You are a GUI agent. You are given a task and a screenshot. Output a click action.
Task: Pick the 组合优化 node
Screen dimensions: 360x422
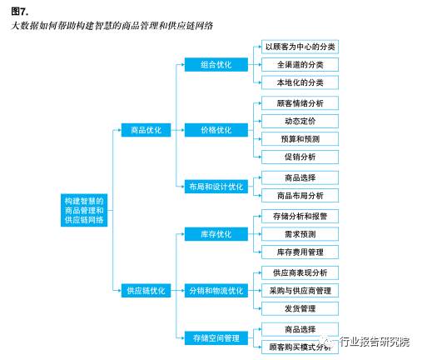pos(216,64)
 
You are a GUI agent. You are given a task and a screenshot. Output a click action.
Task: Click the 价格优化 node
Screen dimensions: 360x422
pos(216,130)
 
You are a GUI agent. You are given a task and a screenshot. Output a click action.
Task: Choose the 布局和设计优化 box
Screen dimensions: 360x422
pos(216,186)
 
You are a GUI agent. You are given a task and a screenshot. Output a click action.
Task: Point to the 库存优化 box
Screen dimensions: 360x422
pos(216,234)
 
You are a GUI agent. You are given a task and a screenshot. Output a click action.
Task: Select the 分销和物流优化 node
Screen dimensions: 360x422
pos(216,290)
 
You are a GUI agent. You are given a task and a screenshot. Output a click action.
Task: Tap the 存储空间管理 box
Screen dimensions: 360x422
pos(216,337)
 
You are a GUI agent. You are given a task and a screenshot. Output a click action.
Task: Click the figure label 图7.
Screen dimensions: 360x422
pos(20,10)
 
